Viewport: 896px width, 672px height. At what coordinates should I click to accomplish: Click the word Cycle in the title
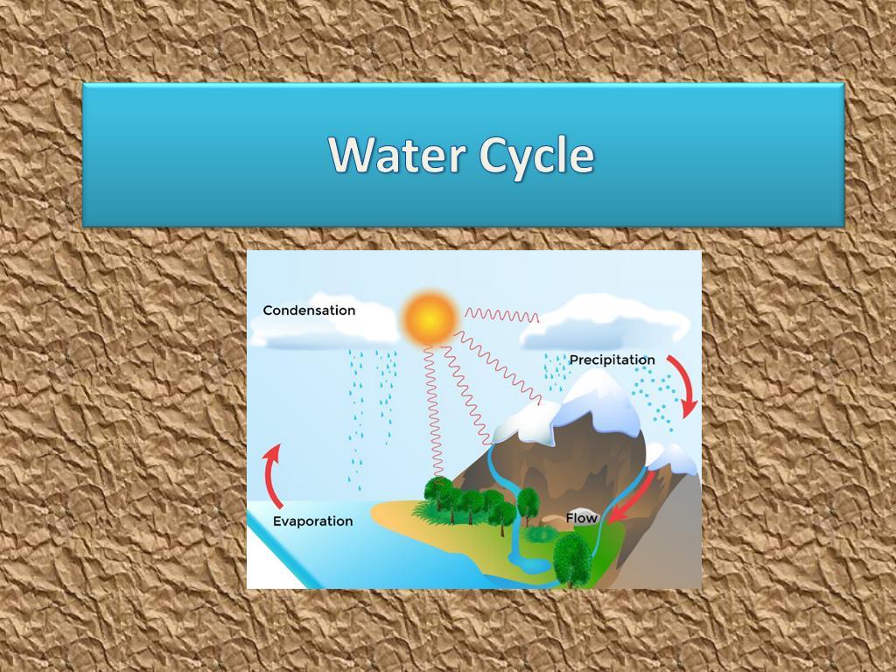pyautogui.click(x=537, y=156)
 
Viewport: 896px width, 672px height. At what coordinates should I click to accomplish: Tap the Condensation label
pyautogui.click(x=309, y=311)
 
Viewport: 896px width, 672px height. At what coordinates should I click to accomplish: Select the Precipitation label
pyautogui.click(x=612, y=360)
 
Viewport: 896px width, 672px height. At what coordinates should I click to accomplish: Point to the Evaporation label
pyautogui.click(x=312, y=521)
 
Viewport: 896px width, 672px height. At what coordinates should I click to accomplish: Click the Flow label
pyautogui.click(x=582, y=518)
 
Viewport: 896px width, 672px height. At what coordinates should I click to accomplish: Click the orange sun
pyautogui.click(x=430, y=318)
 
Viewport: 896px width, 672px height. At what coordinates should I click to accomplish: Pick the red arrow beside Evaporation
pyautogui.click(x=271, y=475)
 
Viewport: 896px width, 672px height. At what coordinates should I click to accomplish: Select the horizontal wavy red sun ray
pyautogui.click(x=501, y=315)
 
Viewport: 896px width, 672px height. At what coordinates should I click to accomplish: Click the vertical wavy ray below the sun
pyautogui.click(x=433, y=411)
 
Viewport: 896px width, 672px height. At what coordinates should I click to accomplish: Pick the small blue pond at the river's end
pyautogui.click(x=528, y=563)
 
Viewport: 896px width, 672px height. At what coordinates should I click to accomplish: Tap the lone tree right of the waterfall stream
pyautogui.click(x=528, y=504)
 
